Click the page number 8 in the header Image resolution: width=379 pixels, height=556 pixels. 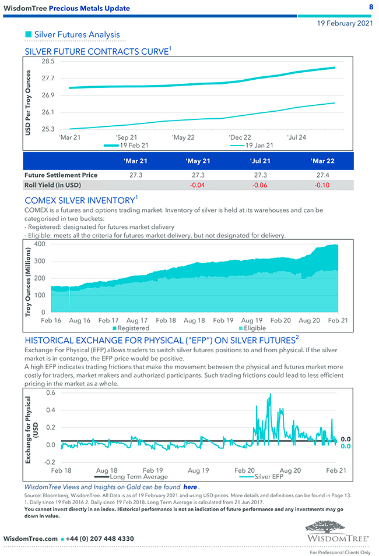(371, 7)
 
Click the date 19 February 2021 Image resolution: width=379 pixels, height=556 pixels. (345, 23)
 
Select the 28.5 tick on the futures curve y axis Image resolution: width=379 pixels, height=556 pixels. (48, 61)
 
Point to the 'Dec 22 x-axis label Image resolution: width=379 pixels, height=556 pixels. (240, 137)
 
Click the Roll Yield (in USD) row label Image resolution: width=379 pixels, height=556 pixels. (52, 185)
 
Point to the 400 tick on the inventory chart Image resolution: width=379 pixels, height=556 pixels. (39, 243)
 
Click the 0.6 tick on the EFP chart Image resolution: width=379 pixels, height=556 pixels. (51, 392)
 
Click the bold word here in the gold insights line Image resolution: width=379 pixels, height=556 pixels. (190, 486)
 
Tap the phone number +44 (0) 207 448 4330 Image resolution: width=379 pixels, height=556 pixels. (100, 539)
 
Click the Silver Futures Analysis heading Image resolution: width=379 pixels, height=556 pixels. (77, 35)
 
